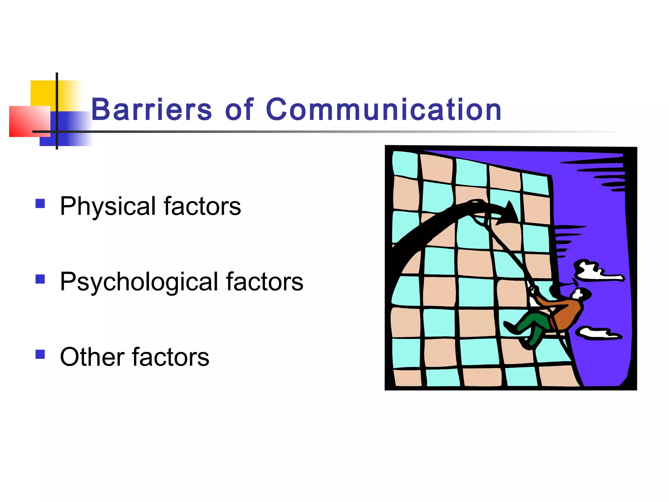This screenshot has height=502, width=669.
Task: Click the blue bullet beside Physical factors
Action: [x=40, y=204]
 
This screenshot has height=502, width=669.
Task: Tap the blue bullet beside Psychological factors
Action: [x=40, y=279]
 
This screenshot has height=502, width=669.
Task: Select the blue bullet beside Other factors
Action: [x=40, y=354]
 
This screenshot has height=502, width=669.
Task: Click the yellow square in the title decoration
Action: [x=42, y=93]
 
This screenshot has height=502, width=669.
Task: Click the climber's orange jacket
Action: [x=567, y=314]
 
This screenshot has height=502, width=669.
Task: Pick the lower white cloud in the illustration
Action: [x=596, y=333]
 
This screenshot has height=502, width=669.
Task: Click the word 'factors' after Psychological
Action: [x=265, y=282]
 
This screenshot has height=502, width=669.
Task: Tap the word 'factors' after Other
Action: [x=171, y=357]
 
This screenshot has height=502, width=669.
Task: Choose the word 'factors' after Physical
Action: [x=202, y=207]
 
